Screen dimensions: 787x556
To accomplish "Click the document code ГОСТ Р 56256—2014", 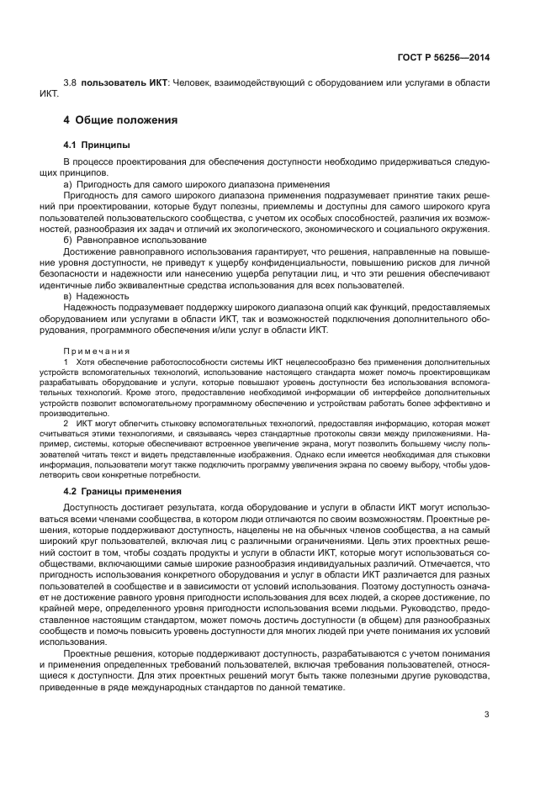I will [446, 57].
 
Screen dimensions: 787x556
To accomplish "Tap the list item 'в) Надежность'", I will [94, 296].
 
